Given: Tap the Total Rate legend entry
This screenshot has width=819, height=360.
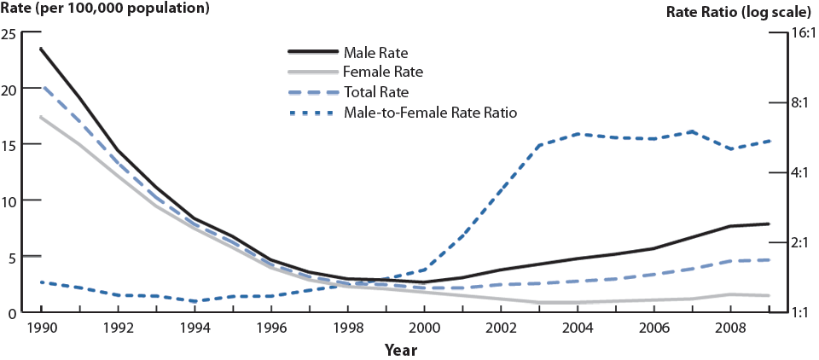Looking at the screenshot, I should coord(375,92).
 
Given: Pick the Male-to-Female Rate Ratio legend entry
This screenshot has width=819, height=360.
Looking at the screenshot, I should coord(430,112).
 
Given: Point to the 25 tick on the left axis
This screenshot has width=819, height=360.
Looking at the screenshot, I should coord(9,33).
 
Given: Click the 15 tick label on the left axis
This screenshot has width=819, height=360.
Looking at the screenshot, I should coord(9,145).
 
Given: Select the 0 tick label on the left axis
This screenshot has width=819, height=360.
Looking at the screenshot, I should coord(12,313).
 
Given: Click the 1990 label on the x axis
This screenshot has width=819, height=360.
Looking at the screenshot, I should coord(40,328).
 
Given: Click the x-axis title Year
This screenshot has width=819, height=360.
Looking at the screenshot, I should coord(400,350).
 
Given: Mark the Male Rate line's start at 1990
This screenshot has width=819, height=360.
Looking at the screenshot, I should coord(40,49).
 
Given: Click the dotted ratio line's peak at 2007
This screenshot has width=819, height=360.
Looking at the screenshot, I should coord(692,131).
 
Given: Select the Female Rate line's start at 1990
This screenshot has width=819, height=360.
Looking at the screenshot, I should coord(40,117).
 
